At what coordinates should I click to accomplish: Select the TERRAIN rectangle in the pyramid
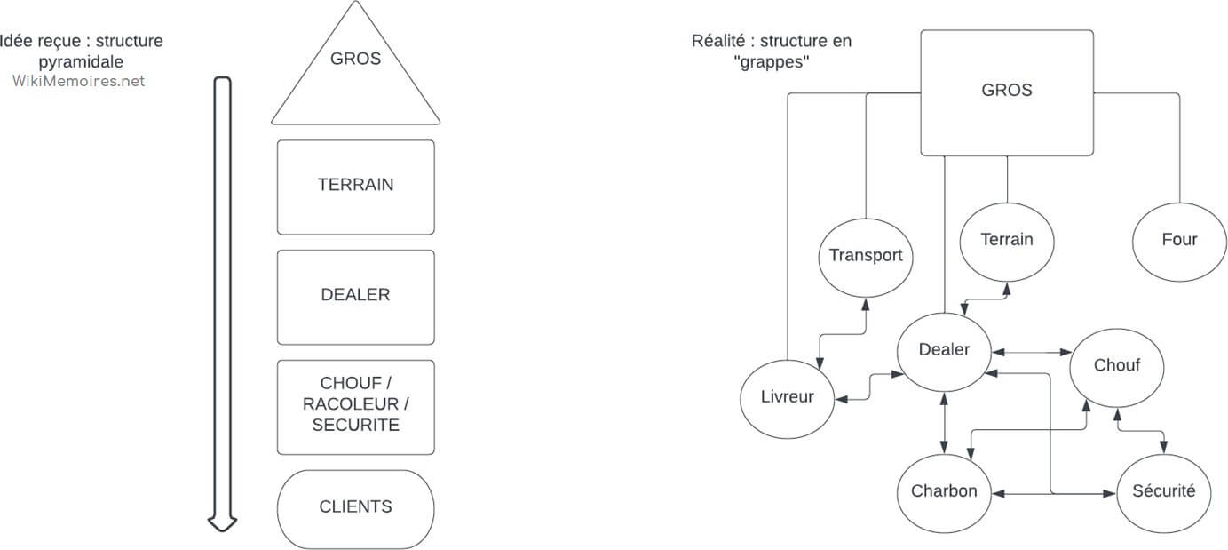355,186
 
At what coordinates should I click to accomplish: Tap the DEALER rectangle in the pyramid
355,296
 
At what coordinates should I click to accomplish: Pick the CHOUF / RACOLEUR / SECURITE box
355,406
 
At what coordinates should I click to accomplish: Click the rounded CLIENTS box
355,507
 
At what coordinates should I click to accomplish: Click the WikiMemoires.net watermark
78,81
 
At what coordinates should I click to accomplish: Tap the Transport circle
865,257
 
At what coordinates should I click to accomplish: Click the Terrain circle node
1007,240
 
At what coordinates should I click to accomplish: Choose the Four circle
1178,240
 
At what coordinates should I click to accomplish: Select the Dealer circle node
944,350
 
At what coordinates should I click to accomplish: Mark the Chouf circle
1116,366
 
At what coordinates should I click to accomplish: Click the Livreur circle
788,397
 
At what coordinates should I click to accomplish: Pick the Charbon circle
944,492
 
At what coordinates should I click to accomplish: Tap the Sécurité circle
1163,492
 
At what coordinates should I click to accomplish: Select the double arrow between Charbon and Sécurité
1053,493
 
